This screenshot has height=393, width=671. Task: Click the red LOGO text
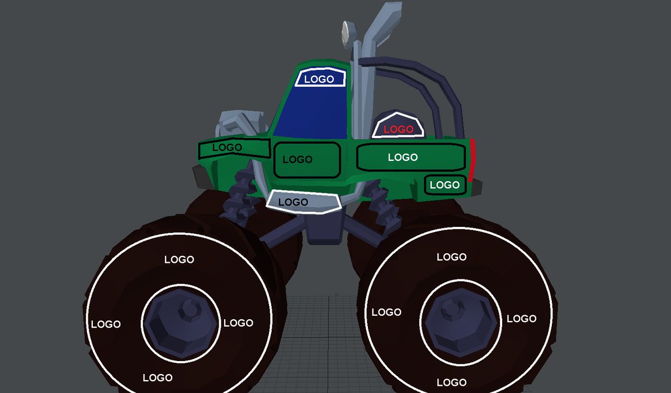[x=398, y=129]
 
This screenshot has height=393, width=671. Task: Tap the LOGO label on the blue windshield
[x=319, y=79]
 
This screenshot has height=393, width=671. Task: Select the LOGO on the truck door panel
[x=297, y=159]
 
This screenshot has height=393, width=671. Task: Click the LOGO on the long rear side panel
[x=403, y=157]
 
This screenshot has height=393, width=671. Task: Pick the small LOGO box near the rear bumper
[x=445, y=185]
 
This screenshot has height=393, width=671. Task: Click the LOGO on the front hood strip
[x=227, y=147]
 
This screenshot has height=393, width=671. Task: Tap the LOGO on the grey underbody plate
[x=293, y=202]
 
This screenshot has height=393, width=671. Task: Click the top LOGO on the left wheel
[x=179, y=259]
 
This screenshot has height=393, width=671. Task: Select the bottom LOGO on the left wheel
[x=158, y=378]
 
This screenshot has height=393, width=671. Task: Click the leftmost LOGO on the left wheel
[x=106, y=324]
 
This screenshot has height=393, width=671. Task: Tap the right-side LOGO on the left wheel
[x=238, y=323]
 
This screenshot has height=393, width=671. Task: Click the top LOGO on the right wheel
[x=451, y=257]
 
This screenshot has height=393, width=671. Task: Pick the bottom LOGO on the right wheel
[x=451, y=382]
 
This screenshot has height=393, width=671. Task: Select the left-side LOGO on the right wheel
[x=386, y=312]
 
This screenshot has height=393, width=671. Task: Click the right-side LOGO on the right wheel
[x=522, y=319]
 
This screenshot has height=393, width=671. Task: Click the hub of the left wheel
[x=181, y=324]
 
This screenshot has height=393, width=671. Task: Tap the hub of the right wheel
[x=460, y=323]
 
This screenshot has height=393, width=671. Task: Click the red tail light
[x=472, y=160]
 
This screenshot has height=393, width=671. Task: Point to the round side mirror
[x=347, y=34]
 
